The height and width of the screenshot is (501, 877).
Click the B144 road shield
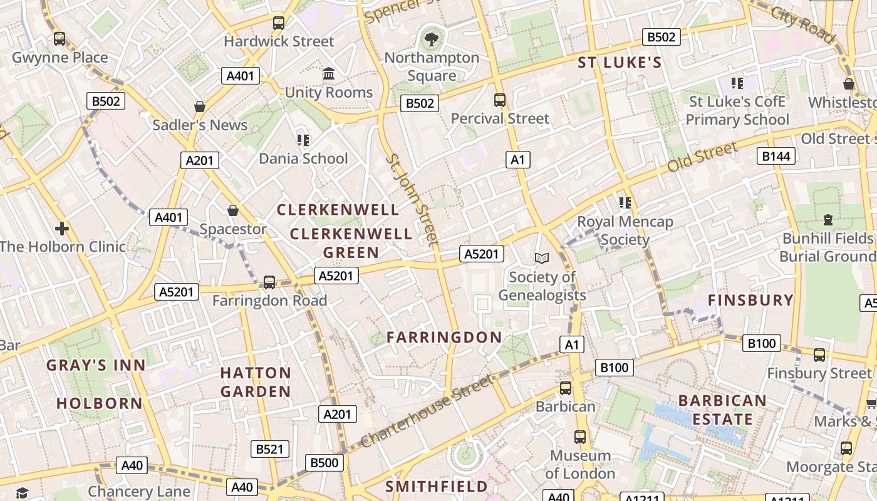777,156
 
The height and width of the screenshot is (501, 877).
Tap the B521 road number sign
271,449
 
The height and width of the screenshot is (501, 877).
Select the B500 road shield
324,463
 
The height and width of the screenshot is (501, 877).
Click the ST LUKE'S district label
620,63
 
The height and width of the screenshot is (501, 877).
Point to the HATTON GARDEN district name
256,382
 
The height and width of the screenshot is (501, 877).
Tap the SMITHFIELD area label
436,487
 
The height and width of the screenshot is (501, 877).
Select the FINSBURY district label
750,301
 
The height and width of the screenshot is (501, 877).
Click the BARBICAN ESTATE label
722,410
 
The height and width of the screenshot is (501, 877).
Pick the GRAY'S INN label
96,365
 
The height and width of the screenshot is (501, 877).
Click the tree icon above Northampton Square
431,39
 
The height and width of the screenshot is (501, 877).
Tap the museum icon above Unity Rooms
329,74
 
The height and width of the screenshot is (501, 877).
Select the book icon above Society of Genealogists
542,258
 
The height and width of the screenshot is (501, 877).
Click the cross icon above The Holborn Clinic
62,228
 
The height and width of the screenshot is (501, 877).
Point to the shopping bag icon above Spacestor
233,211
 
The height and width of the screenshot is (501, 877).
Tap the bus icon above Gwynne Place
60,39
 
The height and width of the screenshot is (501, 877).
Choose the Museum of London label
580,464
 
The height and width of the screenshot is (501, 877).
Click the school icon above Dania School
303,140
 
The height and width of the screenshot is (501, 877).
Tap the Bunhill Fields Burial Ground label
827,247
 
